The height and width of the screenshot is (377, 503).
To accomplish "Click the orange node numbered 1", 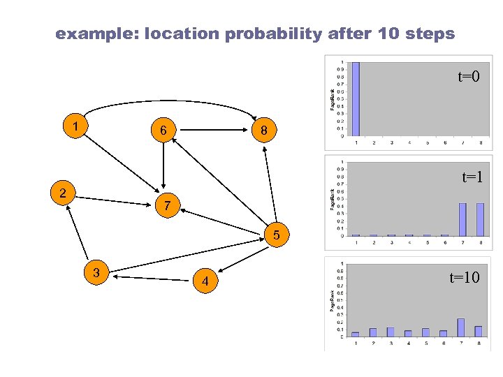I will pyautogui.click(x=73, y=127).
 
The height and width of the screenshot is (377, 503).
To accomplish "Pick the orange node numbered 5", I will pyautogui.click(x=277, y=235).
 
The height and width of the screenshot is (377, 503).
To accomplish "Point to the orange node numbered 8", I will pyautogui.click(x=263, y=131).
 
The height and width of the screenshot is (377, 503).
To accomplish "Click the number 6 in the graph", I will pyautogui.click(x=162, y=131).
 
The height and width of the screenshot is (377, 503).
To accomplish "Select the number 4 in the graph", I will pyautogui.click(x=205, y=282).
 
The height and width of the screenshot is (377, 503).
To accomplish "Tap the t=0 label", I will pyautogui.click(x=468, y=77).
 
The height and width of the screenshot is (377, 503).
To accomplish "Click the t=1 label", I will pyautogui.click(x=472, y=177).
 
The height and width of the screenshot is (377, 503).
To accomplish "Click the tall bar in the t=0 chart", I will pyautogui.click(x=355, y=98).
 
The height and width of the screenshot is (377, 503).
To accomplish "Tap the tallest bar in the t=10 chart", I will pyautogui.click(x=460, y=327).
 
